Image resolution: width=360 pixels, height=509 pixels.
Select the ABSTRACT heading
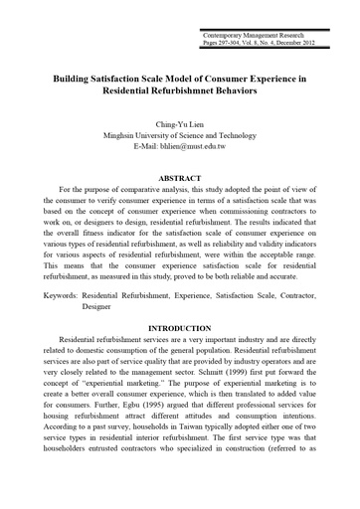tap(180, 178)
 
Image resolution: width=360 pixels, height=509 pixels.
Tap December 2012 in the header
tap(290, 43)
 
